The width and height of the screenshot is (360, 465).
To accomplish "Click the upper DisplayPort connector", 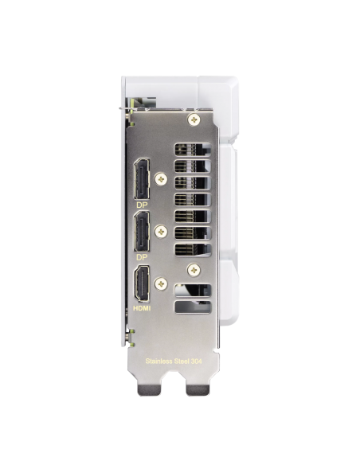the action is pyautogui.click(x=142, y=179).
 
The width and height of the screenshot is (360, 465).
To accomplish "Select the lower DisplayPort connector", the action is pyautogui.click(x=142, y=232).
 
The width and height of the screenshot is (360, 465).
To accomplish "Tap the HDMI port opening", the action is pyautogui.click(x=142, y=283).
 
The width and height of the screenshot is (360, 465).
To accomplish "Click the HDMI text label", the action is pyautogui.click(x=142, y=308).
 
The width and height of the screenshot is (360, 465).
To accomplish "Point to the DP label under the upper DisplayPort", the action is pyautogui.click(x=142, y=205).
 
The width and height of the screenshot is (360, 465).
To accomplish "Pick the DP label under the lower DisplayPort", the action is pyautogui.click(x=142, y=257).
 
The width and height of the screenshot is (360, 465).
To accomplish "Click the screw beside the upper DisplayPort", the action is pyautogui.click(x=162, y=179).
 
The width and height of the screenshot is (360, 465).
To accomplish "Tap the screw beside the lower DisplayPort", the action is pyautogui.click(x=162, y=232).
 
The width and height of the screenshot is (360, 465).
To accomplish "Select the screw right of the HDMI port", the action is pyautogui.click(x=161, y=284).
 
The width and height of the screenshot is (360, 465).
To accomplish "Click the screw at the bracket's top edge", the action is pyautogui.click(x=194, y=119).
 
